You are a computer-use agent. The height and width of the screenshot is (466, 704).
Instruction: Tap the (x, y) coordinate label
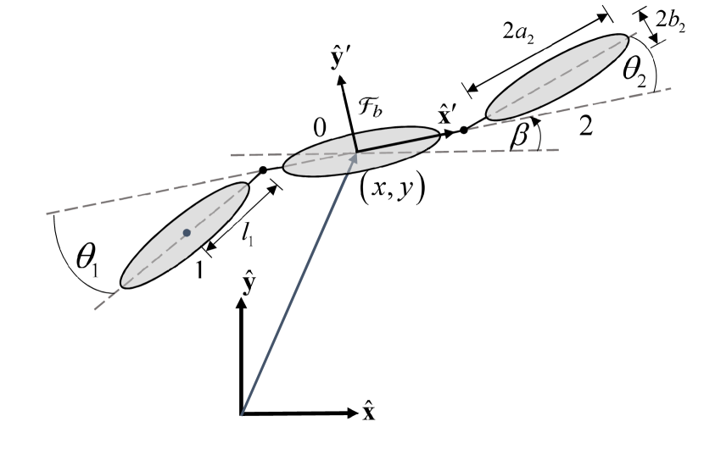391,190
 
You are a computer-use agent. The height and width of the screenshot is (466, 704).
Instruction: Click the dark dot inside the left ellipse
186,232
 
